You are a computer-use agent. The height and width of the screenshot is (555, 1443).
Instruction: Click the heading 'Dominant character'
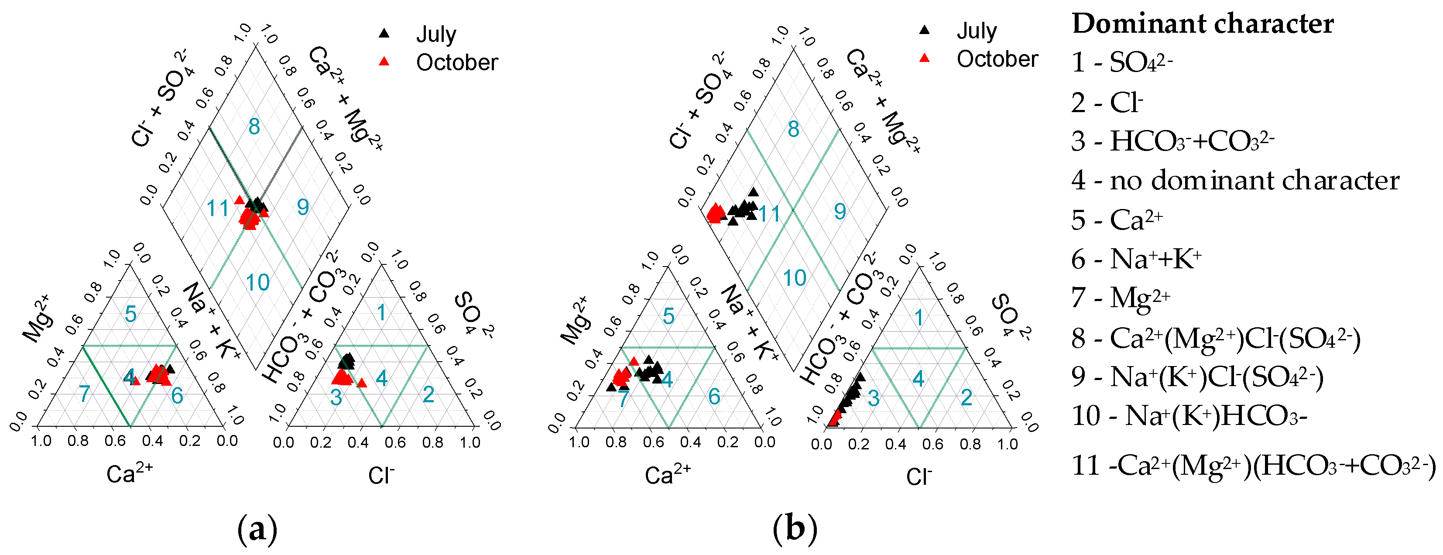[1203, 24]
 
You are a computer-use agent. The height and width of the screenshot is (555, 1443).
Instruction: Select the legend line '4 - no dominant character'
[1235, 180]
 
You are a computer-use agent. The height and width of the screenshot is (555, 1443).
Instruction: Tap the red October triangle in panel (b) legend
[925, 58]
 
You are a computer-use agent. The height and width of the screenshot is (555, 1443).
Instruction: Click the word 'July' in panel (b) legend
[977, 31]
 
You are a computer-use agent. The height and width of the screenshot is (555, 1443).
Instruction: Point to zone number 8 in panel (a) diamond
[254, 127]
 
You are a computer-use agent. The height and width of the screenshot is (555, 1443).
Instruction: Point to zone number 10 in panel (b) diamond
[794, 278]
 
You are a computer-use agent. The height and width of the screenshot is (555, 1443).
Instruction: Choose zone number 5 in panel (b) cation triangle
[668, 316]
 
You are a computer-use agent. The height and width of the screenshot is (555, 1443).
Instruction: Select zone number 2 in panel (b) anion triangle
[967, 397]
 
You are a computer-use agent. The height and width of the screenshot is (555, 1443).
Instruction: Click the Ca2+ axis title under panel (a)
[130, 474]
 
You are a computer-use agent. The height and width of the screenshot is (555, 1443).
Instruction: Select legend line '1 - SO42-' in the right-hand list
[1122, 62]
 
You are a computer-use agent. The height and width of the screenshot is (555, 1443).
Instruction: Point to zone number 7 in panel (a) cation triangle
[85, 394]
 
